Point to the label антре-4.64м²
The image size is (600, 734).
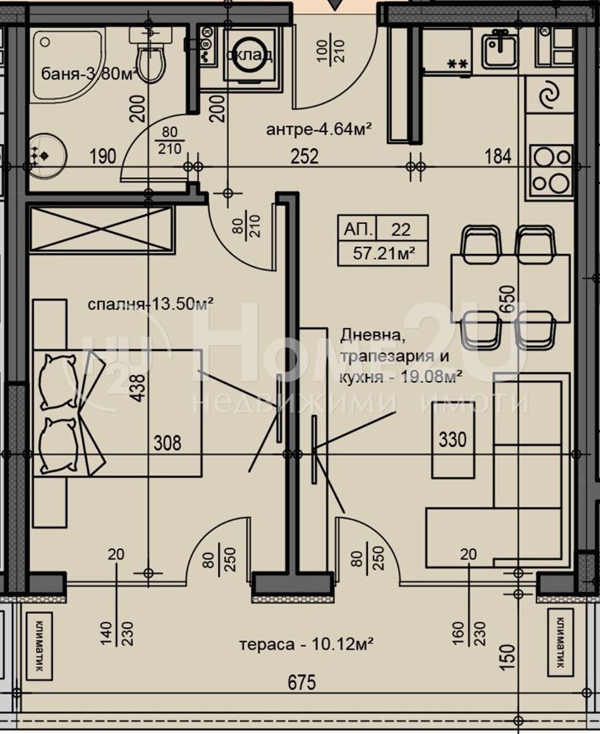coord(318,130)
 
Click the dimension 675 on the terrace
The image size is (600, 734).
coord(300,683)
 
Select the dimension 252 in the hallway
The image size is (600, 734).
coord(304,156)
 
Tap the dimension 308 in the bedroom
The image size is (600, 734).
coord(167,443)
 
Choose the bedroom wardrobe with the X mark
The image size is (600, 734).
coord(101,230)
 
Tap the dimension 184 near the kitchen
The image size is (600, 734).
coord(497,156)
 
